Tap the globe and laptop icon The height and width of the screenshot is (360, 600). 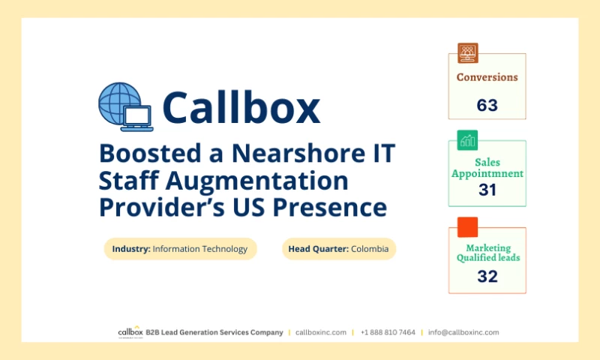pos(125,107)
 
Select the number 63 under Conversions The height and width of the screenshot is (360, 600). pos(487,105)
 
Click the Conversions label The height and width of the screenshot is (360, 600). pos(487,77)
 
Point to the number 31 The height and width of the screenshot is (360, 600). pos(487,190)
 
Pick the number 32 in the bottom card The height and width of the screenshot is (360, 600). pos(487,276)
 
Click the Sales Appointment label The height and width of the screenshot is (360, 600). pos(487,168)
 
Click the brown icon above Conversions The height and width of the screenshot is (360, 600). pos(467,52)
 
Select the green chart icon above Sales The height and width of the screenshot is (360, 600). pos(467,139)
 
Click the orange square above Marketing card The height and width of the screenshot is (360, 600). pos(467,226)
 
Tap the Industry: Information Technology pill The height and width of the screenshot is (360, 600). pos(180,249)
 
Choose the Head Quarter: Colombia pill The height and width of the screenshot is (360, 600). pos(339,249)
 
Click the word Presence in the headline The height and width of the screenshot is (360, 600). pos(331,207)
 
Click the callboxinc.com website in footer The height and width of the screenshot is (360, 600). pos(321,332)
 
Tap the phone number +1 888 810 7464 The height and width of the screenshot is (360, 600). pos(388,332)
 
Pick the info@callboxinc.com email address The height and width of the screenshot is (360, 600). pos(463,332)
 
